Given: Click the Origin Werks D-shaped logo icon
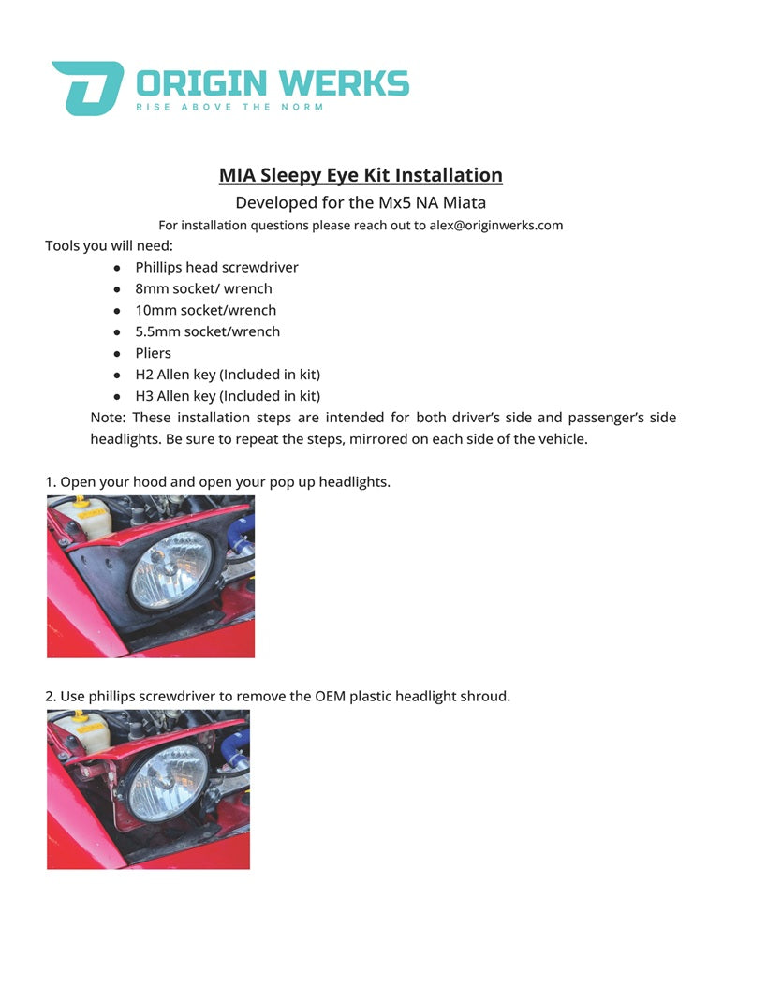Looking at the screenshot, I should coord(87,88).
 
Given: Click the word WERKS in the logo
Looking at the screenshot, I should coord(347,83).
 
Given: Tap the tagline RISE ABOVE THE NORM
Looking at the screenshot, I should coord(229,108).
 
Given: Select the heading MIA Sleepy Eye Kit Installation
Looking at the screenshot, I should coord(361,175).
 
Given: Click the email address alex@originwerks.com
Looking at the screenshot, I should coord(496,226).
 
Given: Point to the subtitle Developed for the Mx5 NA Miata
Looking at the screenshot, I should coord(361,202).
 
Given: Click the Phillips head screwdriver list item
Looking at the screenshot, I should coord(216,268).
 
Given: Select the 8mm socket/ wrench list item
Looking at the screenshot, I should coord(203,289).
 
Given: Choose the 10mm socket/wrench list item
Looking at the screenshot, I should coord(206,310).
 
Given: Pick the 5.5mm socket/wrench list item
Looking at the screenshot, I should coord(207,331).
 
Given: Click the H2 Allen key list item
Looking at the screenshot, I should coord(228,375).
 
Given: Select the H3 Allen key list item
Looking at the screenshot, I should coord(228,396).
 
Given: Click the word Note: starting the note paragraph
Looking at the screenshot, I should coord(108,418).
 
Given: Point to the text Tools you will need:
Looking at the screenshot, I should coord(109,246).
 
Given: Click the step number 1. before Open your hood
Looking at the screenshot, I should coord(51,482).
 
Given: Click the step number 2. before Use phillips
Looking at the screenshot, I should coord(51,697).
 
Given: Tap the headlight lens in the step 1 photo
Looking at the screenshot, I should coord(170,570).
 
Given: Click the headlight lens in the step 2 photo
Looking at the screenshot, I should coord(167,783).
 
